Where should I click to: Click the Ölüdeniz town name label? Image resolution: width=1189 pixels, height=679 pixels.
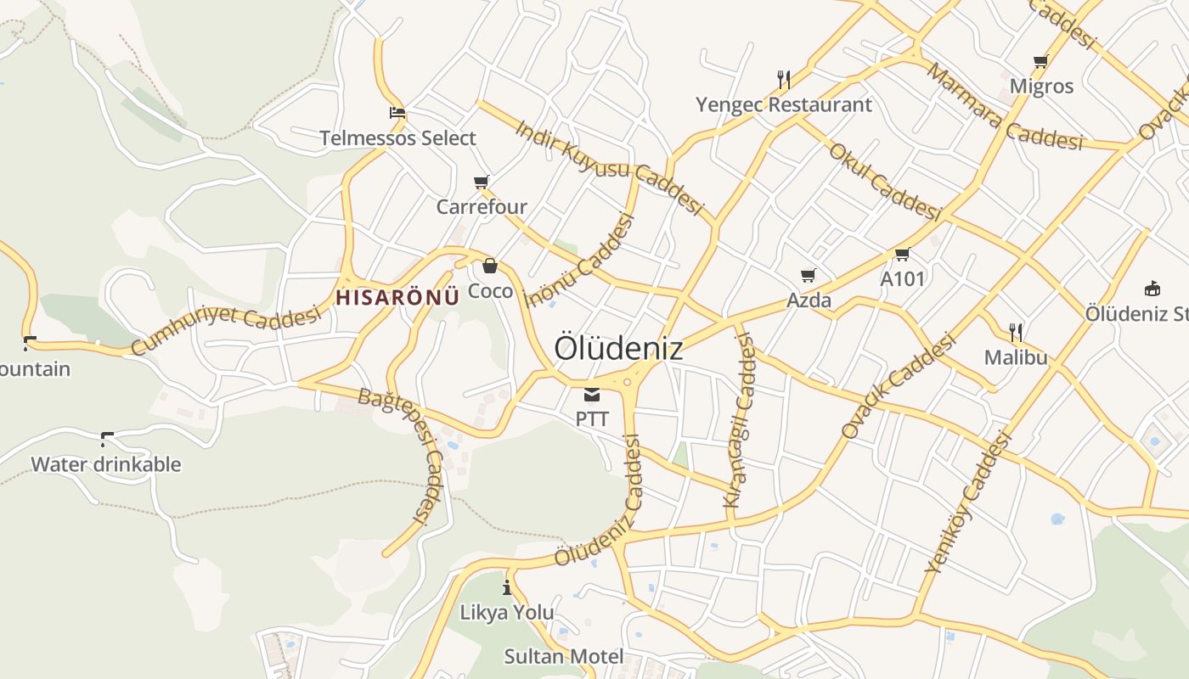tap(618, 348)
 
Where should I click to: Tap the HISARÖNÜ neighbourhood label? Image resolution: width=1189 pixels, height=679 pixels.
tap(397, 297)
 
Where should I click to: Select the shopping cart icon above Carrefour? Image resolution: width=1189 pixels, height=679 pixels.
tap(482, 182)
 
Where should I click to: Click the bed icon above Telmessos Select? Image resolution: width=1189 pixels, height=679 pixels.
tap(397, 113)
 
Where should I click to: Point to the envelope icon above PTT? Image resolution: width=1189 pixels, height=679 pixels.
tap(592, 394)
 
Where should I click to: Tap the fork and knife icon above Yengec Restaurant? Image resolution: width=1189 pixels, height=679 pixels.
tap(784, 80)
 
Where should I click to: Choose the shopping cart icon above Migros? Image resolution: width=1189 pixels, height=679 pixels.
tap(1040, 61)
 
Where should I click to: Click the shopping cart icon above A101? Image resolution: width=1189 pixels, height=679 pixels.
tap(902, 254)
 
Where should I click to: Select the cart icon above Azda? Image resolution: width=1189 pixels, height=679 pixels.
tap(808, 275)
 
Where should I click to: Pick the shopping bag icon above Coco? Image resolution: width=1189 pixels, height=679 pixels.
tap(490, 266)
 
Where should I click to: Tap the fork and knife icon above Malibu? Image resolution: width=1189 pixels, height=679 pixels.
tap(1015, 331)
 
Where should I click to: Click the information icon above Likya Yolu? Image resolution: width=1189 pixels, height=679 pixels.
tap(507, 586)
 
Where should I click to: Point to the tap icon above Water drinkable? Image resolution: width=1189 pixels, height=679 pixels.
tap(106, 439)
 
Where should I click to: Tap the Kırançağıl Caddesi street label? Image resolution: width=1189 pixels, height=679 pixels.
tap(739, 421)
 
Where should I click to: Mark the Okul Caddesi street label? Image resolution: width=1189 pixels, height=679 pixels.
tap(884, 182)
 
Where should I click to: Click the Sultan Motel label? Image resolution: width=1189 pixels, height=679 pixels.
tap(564, 656)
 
